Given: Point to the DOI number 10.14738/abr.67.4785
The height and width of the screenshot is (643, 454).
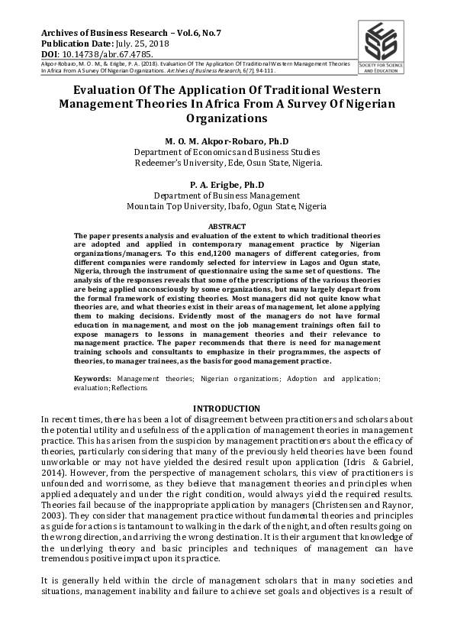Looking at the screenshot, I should (108, 54).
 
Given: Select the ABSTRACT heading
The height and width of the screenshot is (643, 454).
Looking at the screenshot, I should (227, 227).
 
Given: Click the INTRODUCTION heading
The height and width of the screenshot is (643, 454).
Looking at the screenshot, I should (227, 409).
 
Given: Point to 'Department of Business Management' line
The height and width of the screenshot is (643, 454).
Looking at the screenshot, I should (227, 195).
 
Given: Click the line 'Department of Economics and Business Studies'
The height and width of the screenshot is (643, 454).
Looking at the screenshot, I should (227, 152).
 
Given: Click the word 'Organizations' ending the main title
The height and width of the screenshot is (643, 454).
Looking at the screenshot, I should (227, 119).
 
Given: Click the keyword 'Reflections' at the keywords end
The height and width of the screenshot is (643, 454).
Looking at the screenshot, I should (128, 388).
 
